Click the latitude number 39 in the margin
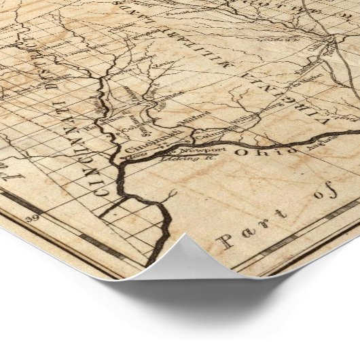click(x=31, y=219)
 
